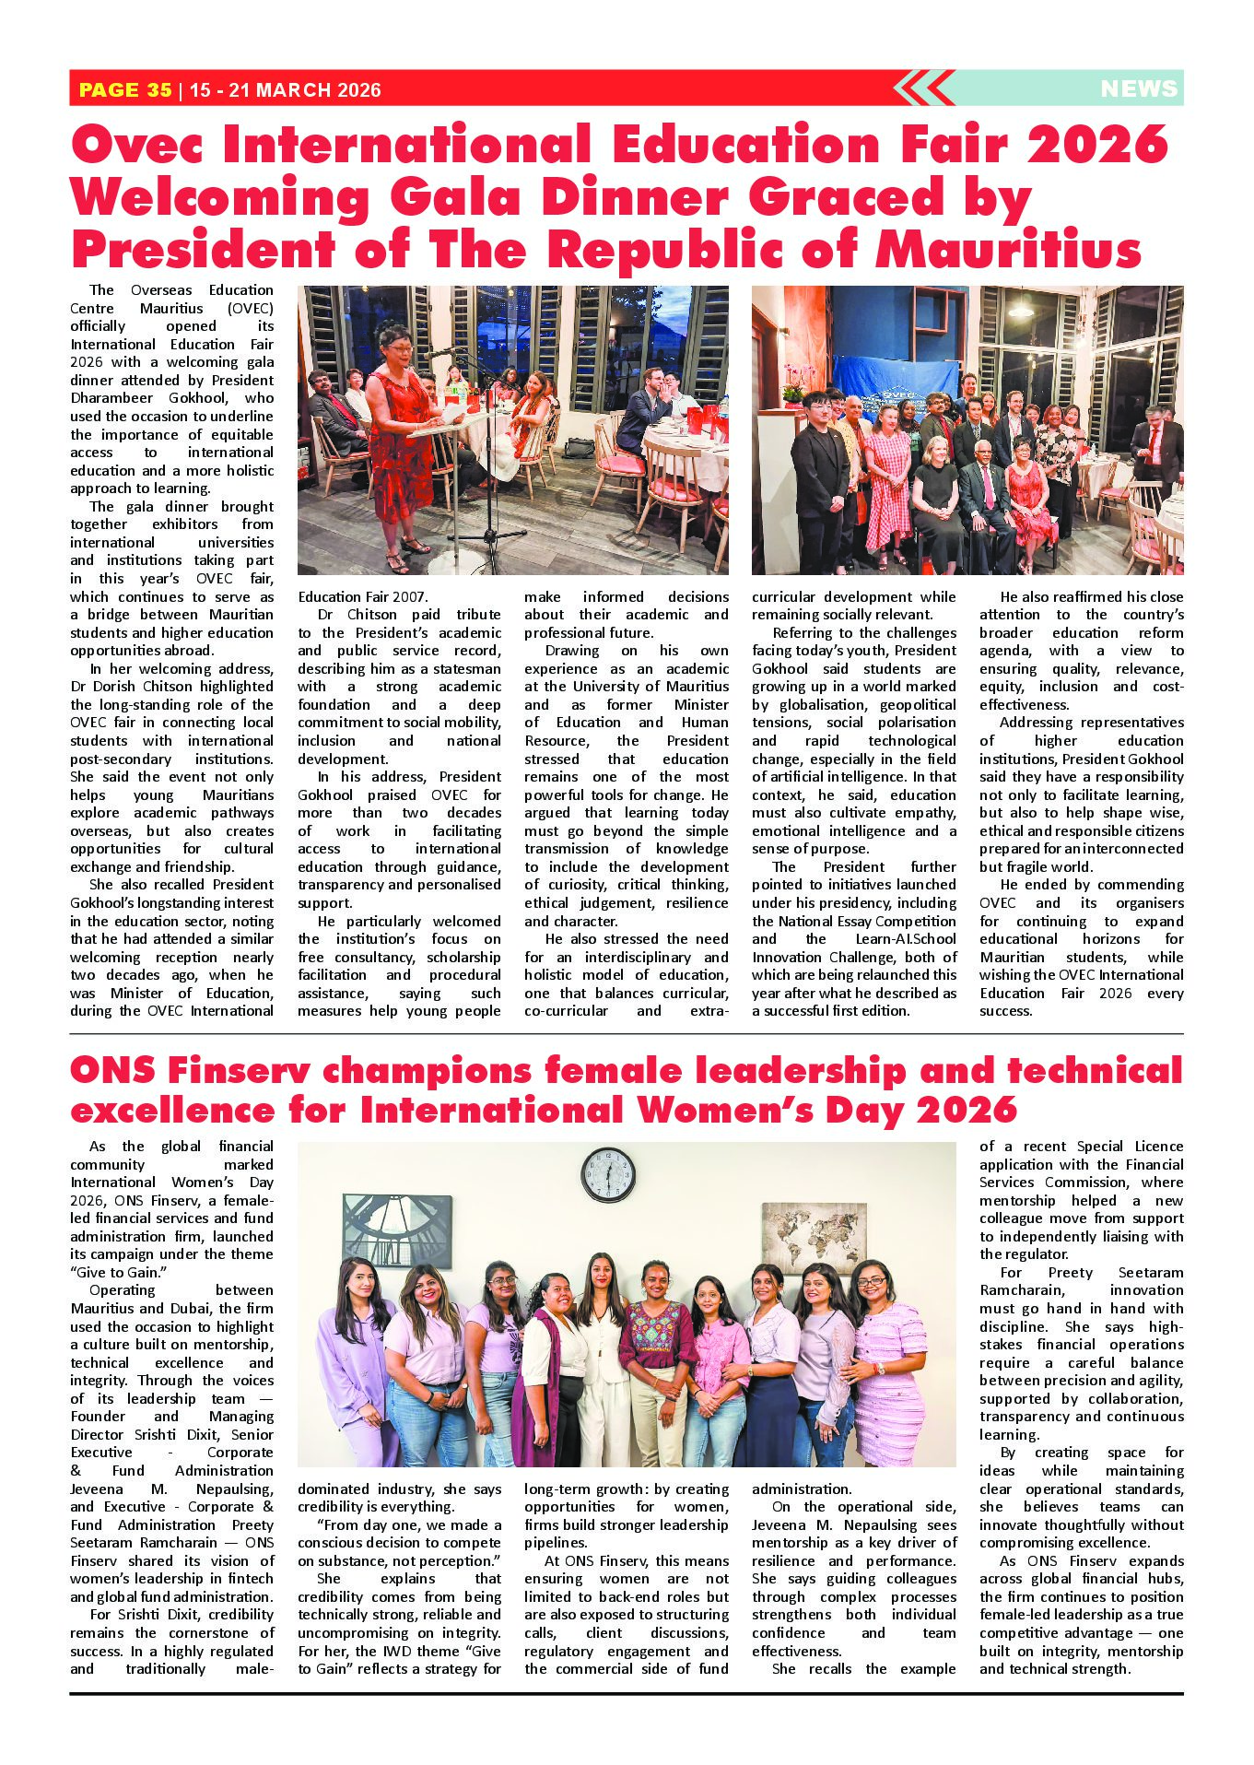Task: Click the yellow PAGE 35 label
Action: (125, 89)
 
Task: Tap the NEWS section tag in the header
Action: (1139, 88)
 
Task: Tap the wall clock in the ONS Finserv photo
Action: (608, 1175)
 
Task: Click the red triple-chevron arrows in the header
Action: (922, 88)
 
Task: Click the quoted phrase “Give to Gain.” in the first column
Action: (112, 1272)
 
